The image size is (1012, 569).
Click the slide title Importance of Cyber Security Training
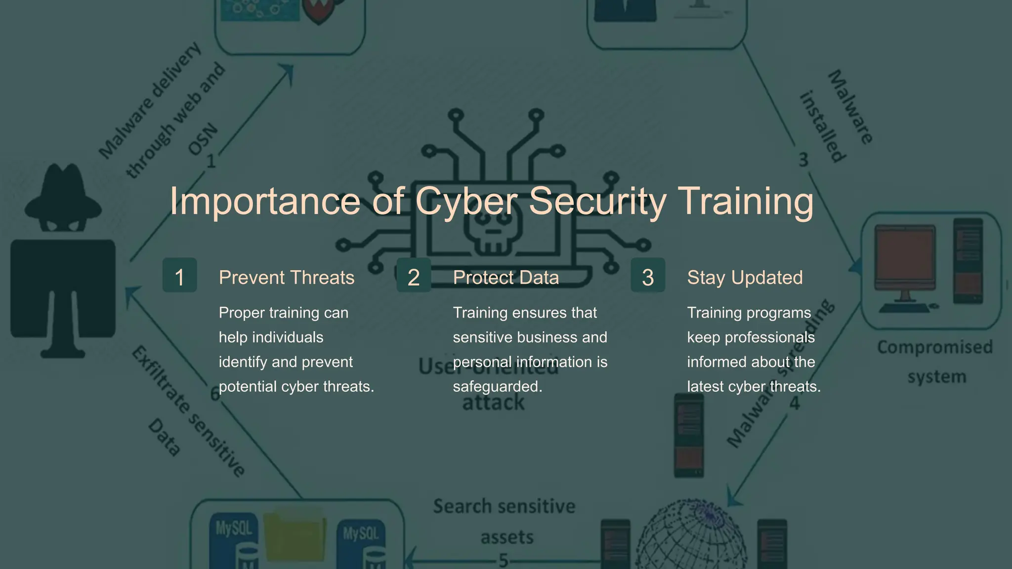(x=491, y=201)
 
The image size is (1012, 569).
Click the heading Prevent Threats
(x=287, y=278)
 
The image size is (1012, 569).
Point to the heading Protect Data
(x=506, y=278)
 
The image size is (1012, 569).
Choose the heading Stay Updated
(x=745, y=278)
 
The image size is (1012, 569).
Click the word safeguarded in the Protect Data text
(x=497, y=386)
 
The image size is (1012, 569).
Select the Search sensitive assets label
(x=505, y=521)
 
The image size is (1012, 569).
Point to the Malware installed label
(x=837, y=116)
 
